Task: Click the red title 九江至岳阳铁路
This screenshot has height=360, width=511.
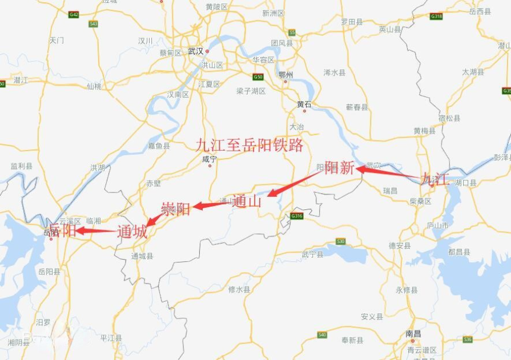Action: click(250, 145)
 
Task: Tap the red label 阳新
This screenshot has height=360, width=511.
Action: click(340, 168)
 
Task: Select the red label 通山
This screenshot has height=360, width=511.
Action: click(247, 201)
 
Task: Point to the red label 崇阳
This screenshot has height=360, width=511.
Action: click(175, 209)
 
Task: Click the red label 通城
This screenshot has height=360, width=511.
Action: click(132, 232)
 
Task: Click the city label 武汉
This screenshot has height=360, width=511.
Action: click(195, 51)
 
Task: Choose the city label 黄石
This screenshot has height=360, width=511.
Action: click(304, 104)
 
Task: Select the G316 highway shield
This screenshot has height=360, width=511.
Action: click(296, 216)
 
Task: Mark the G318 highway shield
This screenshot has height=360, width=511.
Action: click(436, 16)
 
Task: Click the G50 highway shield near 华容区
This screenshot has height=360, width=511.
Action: click(257, 76)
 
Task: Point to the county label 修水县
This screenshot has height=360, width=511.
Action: click(239, 289)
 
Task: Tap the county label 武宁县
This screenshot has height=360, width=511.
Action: click(312, 254)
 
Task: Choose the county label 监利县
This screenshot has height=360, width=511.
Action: click(21, 166)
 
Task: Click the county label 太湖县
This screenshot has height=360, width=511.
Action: click(473, 72)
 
